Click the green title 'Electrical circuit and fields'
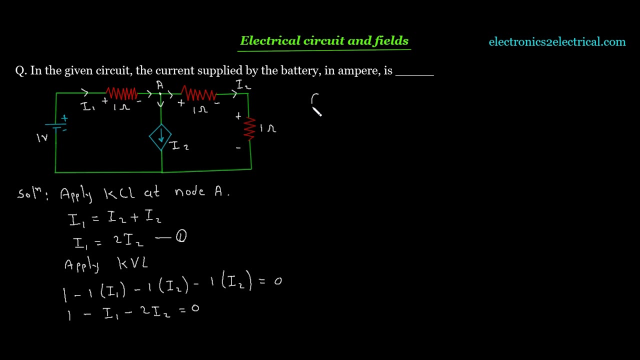[324, 40]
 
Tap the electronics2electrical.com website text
[557, 41]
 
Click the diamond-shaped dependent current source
[160, 137]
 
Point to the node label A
[159, 85]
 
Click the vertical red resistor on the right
[249, 129]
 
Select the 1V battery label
[42, 138]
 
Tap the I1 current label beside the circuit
[87, 106]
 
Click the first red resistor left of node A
[121, 93]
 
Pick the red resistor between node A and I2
[199, 93]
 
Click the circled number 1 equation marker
[181, 236]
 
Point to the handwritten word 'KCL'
[119, 194]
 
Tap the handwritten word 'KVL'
[133, 263]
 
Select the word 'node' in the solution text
[189, 191]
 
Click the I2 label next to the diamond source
[180, 145]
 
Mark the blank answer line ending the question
[414, 75]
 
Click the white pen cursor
[317, 111]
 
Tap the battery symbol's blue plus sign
[64, 118]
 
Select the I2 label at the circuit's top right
[243, 85]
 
